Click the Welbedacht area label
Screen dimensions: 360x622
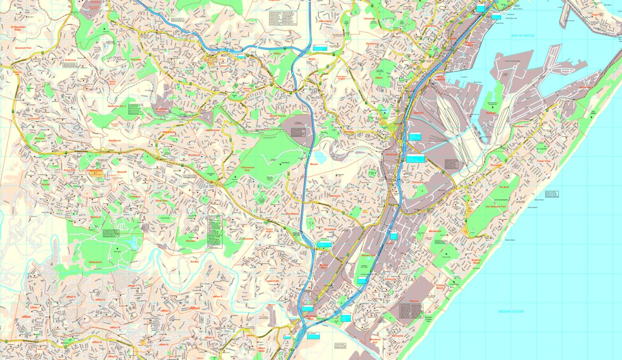[95, 263]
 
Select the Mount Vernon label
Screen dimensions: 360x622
[277, 117]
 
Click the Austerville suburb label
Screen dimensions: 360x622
[391, 279]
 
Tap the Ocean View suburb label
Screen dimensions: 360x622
[547, 161]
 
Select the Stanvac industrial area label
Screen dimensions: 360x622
[414, 301]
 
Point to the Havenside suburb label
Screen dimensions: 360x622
[247, 239]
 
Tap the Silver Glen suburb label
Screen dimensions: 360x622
[161, 200]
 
